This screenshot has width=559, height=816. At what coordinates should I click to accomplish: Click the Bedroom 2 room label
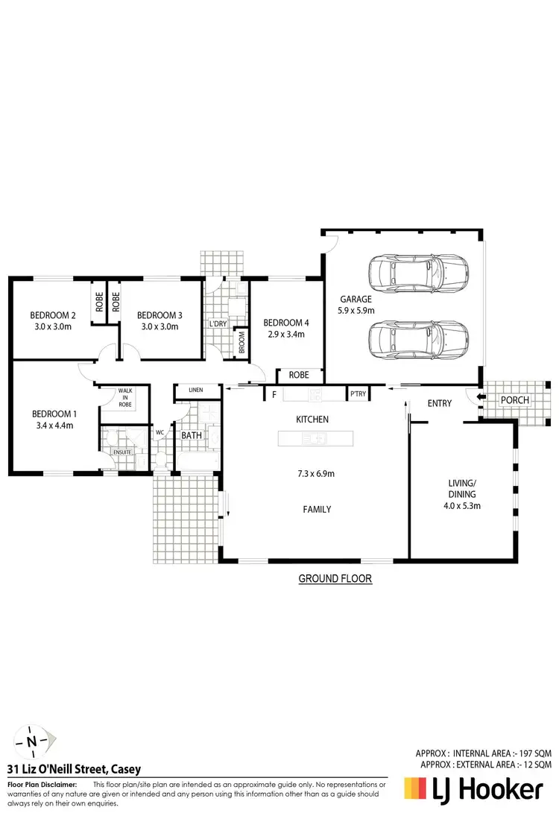point(51,314)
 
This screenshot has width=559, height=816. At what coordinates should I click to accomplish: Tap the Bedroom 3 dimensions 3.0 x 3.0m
point(160,327)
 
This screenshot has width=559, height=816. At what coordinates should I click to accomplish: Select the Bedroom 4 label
point(286,323)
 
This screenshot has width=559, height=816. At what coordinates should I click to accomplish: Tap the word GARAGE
point(356,300)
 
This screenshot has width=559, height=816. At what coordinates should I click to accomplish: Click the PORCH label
point(515,400)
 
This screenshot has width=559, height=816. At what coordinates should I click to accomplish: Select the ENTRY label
point(440,403)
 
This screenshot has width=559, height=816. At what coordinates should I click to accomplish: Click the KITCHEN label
point(312,420)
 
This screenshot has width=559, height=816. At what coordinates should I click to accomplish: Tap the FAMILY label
point(317,510)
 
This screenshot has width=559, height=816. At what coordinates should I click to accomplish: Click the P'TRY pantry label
point(359,394)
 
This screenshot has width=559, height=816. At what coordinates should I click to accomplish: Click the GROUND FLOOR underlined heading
point(335,578)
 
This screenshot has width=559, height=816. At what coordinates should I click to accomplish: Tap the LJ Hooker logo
point(473,789)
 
